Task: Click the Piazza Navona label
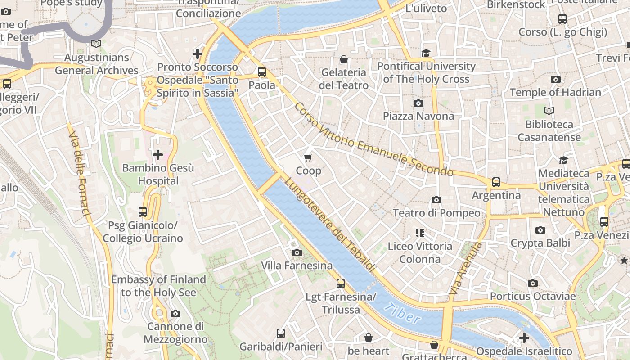pyautogui.click(x=418, y=116)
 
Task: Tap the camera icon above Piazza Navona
pyautogui.click(x=418, y=103)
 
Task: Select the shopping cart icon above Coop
pyautogui.click(x=308, y=157)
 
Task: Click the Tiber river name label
pyautogui.click(x=403, y=313)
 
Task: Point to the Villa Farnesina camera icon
pyautogui.click(x=297, y=252)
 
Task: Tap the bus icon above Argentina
pyautogui.click(x=496, y=182)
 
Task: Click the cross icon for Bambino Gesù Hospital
pyautogui.click(x=158, y=155)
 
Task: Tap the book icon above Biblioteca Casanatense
pyautogui.click(x=549, y=111)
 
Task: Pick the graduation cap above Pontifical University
pyautogui.click(x=426, y=53)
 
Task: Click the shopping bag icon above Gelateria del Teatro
pyautogui.click(x=344, y=59)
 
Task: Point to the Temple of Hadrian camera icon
pyautogui.click(x=555, y=79)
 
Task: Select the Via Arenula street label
pyautogui.click(x=466, y=269)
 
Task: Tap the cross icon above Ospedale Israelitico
pyautogui.click(x=524, y=337)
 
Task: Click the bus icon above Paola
pyautogui.click(x=262, y=72)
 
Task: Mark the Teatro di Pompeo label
pyautogui.click(x=436, y=213)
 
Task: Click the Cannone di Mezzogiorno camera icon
pyautogui.click(x=175, y=313)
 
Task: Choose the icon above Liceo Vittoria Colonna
pyautogui.click(x=420, y=233)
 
